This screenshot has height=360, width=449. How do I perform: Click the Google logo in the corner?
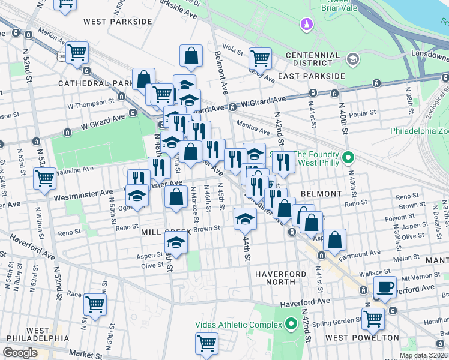tap(20, 353)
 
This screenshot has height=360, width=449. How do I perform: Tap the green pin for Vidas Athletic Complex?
tap(292, 325)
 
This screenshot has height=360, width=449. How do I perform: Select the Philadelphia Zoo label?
tap(419, 131)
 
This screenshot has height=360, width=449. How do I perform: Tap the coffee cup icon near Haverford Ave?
tap(385, 286)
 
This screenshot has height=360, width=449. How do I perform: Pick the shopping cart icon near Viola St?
tap(261, 58)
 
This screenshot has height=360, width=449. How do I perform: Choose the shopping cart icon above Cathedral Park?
tap(77, 53)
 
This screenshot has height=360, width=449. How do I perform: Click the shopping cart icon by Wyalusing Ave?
tap(45, 178)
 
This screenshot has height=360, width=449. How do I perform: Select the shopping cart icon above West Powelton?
tap(373, 317)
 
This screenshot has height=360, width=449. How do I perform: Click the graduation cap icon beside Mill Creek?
tap(176, 242)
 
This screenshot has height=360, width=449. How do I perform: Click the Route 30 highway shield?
tap(62, 56)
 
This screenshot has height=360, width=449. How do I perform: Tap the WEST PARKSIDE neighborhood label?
tap(118, 22)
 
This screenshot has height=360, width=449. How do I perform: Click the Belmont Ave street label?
tap(221, 72)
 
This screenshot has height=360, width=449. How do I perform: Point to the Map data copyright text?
tap(423, 356)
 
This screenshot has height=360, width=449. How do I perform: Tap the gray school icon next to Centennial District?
tap(352, 58)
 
